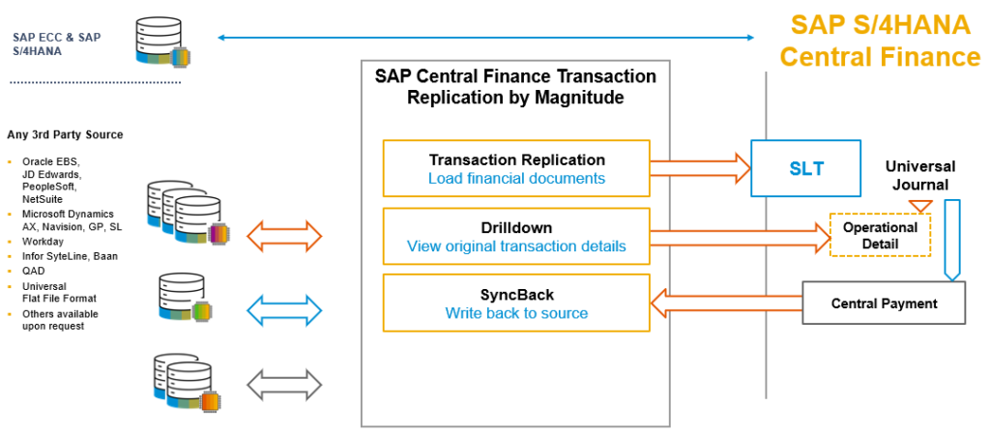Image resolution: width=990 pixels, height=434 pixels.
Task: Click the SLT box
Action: [806, 168]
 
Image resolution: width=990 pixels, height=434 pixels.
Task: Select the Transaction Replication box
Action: [516, 168]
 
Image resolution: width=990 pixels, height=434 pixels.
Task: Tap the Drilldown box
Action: [516, 236]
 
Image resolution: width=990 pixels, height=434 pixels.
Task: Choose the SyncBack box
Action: [516, 303]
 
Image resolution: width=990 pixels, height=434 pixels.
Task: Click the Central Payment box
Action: [884, 304]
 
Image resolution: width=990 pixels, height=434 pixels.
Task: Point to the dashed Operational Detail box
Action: [880, 235]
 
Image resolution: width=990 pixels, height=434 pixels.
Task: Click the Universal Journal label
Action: [919, 175]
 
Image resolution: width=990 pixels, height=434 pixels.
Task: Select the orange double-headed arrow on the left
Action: [285, 235]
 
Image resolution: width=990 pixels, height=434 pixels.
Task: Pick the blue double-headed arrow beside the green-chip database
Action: [285, 309]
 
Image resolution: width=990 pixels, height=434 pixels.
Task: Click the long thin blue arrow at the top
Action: [486, 38]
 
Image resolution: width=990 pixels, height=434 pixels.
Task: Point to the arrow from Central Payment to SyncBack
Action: [726, 304]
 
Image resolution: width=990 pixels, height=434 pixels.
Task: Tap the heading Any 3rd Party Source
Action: [65, 134]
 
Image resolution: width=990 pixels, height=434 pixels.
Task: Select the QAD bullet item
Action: [33, 272]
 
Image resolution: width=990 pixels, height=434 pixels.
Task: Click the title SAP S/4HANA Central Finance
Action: [880, 41]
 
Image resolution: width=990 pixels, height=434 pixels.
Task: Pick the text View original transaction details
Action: [516, 246]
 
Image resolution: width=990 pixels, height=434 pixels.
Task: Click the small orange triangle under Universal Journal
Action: [920, 206]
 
